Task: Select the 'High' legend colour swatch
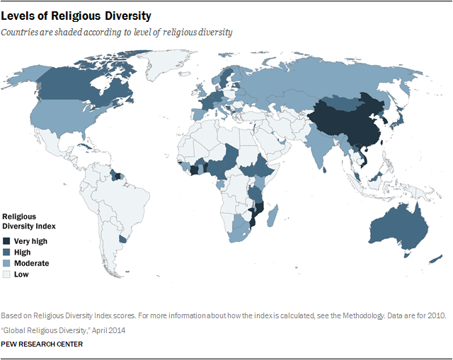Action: point(8,252)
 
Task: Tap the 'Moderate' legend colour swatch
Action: point(8,263)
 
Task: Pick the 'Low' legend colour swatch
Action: point(8,274)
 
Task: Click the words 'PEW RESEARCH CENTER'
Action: point(42,344)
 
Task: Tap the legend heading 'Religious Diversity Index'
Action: point(29,221)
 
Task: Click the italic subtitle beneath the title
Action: point(117,32)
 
